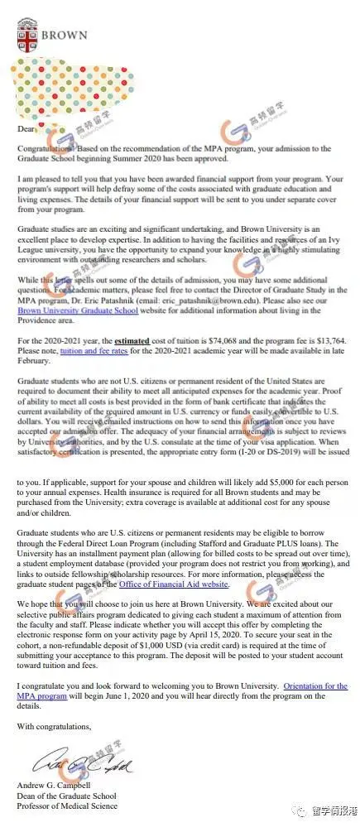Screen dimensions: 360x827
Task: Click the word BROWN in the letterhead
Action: click(62, 36)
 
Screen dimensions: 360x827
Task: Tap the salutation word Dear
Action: click(26, 127)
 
